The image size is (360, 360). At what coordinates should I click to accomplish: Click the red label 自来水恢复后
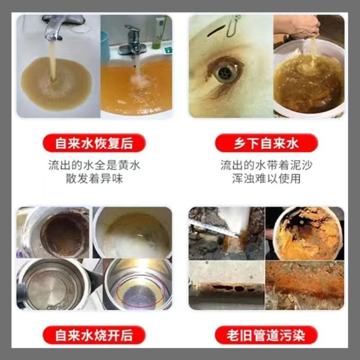click(x=94, y=144)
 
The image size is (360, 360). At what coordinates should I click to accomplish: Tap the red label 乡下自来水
click(x=266, y=144)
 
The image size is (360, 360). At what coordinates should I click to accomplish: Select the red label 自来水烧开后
click(x=94, y=335)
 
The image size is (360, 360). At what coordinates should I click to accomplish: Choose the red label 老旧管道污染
click(x=266, y=335)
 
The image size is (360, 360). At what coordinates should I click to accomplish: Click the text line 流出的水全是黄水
click(x=94, y=165)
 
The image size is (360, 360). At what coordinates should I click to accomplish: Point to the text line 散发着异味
click(x=94, y=179)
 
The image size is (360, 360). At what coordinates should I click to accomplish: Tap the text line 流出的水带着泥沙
click(x=266, y=165)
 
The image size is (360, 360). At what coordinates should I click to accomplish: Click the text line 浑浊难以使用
click(x=266, y=179)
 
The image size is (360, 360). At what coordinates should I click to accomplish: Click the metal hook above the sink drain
click(x=233, y=27)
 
